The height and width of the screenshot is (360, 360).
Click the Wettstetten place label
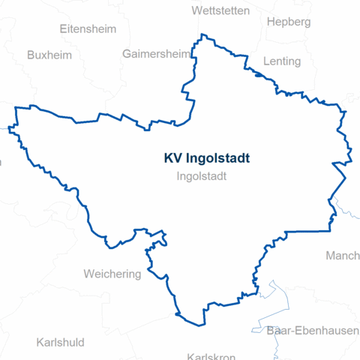(221, 10)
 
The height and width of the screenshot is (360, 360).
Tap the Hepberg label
(288, 22)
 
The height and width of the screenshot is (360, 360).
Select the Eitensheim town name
(88, 29)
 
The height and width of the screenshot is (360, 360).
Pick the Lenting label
(283, 61)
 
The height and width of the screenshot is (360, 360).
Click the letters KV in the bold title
(172, 158)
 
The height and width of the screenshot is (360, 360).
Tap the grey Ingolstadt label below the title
(202, 177)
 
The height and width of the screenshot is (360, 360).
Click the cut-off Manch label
(342, 256)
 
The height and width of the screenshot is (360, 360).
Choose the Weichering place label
(112, 274)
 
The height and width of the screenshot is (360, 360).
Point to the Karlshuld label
(60, 343)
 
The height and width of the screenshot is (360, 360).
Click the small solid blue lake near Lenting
(257, 74)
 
